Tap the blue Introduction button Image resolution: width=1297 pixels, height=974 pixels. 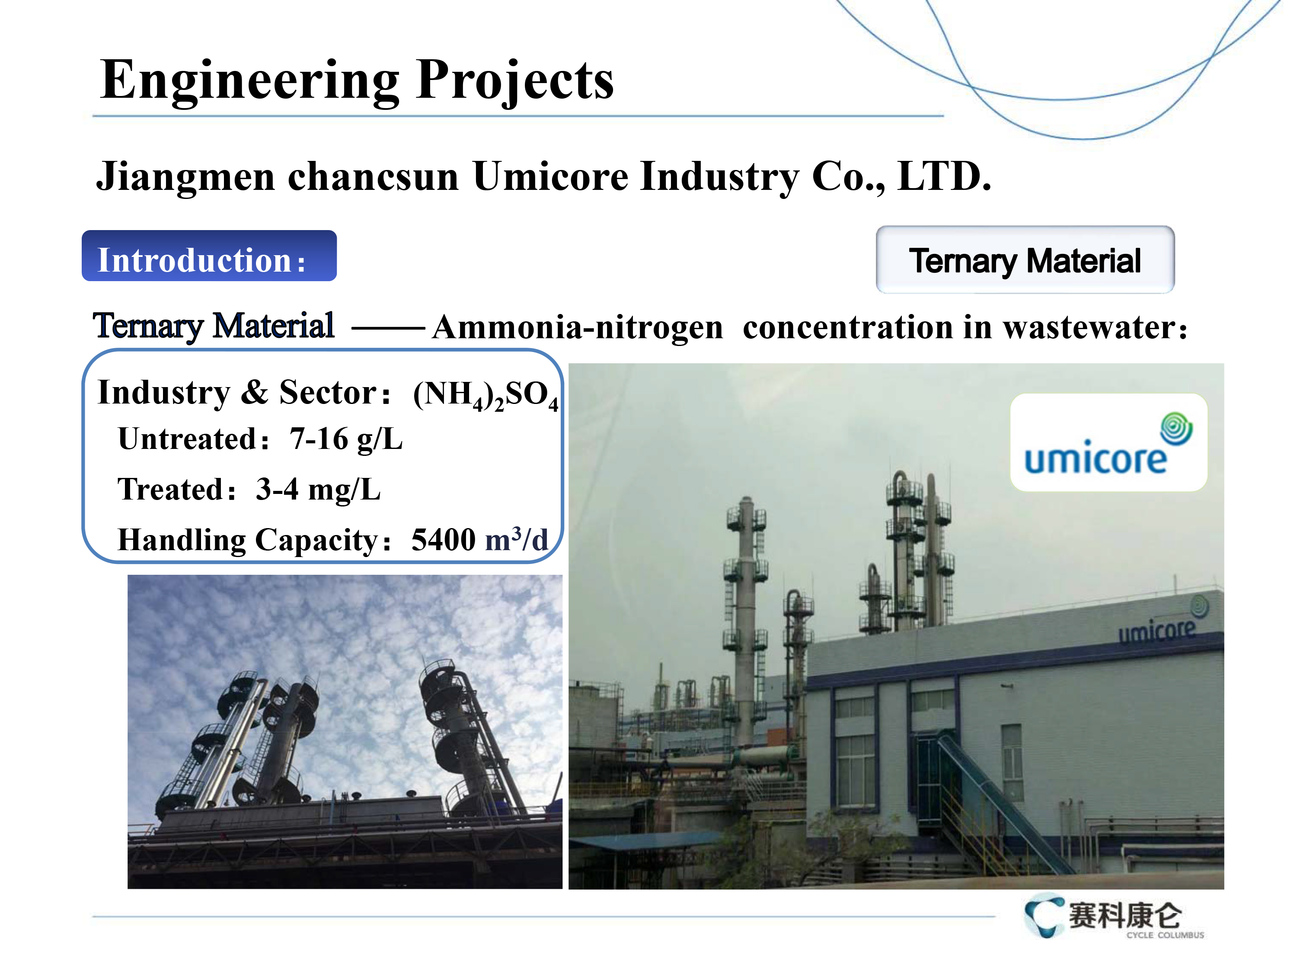[209, 256]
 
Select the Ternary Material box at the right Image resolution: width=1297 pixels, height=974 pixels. [1025, 260]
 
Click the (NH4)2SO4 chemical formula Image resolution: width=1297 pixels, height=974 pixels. [486, 394]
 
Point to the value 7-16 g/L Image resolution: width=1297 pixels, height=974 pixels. [346, 439]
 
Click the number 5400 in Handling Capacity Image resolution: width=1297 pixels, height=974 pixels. [443, 539]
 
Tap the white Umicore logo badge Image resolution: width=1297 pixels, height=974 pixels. [1108, 442]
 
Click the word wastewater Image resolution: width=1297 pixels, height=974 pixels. [1088, 327]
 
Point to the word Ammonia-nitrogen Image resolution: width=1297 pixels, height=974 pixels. [578, 328]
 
